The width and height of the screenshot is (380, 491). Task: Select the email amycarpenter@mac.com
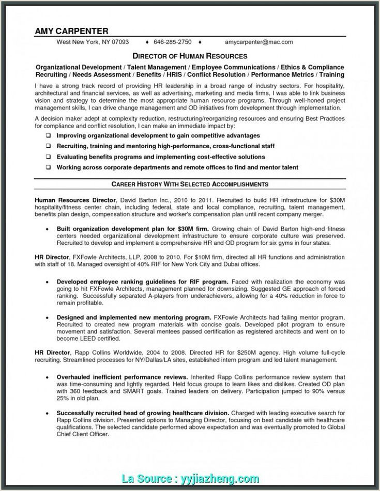click(259, 42)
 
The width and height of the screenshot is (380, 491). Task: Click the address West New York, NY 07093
click(93, 42)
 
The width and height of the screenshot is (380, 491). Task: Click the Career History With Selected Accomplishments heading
click(190, 184)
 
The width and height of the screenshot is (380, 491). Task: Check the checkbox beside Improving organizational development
click(48, 135)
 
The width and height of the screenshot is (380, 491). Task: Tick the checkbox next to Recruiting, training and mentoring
click(48, 146)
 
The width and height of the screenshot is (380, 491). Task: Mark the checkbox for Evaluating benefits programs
click(48, 156)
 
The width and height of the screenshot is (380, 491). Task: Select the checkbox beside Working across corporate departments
click(48, 167)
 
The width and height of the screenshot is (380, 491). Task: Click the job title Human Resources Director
click(74, 198)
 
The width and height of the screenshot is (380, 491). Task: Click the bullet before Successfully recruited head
click(48, 414)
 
